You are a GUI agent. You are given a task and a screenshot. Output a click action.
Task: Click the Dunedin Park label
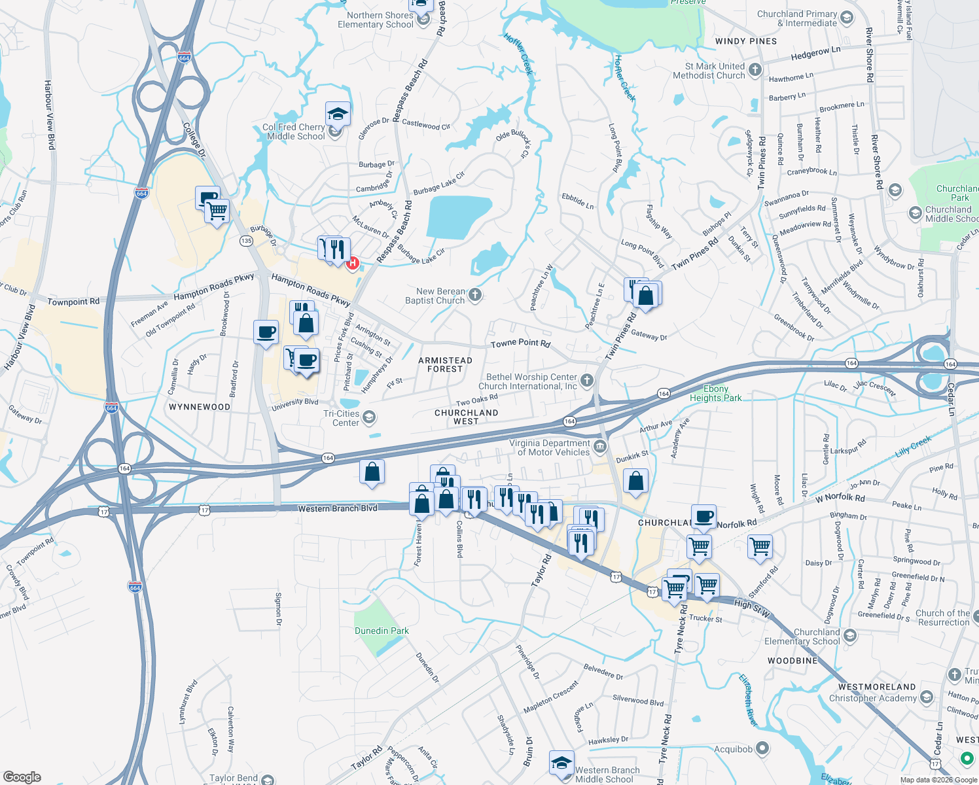[382, 631]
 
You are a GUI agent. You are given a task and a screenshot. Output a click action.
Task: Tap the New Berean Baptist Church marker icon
[476, 295]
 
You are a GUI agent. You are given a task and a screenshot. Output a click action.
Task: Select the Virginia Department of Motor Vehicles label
[550, 447]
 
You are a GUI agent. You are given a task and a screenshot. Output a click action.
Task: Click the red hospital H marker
[353, 263]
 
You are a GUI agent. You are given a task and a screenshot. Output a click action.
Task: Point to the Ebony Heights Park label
[716, 393]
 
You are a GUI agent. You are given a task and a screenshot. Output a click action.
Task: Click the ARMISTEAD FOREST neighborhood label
[445, 365]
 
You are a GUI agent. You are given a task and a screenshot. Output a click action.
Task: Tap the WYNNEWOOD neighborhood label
[200, 407]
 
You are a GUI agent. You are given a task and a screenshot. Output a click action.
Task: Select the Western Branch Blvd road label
[338, 508]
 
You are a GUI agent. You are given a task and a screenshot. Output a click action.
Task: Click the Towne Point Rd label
[520, 343]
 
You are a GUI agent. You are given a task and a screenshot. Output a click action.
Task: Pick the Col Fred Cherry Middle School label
[294, 132]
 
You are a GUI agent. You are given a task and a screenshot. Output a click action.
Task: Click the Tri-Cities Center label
[342, 418]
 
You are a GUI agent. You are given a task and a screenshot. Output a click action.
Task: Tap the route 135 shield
[246, 241]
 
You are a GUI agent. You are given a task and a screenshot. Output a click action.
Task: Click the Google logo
[22, 777]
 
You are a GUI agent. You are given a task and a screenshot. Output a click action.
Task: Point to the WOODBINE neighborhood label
[792, 661]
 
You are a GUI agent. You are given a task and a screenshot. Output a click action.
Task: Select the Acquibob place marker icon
[762, 748]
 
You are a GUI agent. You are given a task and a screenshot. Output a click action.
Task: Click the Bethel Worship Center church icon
[587, 381]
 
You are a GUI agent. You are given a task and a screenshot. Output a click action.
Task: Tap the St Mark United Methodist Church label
[709, 71]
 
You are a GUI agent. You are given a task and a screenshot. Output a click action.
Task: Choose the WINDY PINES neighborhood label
[746, 41]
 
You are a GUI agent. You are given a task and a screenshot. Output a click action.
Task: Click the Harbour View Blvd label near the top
[49, 114]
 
